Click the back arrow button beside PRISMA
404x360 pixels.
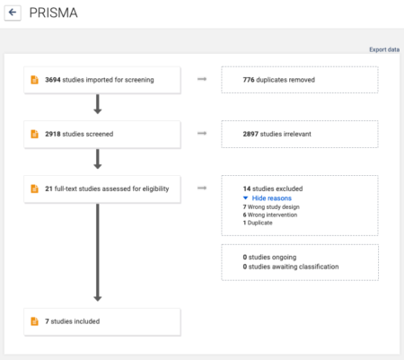(x=13, y=13)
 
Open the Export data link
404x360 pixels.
(x=384, y=49)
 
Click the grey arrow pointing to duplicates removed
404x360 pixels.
(x=202, y=80)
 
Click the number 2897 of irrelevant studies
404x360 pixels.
(x=252, y=135)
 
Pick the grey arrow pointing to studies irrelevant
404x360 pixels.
(x=202, y=135)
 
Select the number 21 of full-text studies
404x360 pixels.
(x=49, y=189)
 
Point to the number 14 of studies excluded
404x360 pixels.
(x=247, y=189)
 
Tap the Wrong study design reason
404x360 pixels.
(x=275, y=206)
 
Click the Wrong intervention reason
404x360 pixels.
(x=273, y=215)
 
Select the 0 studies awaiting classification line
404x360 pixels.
(x=291, y=267)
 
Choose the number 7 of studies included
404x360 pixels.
(x=47, y=320)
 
